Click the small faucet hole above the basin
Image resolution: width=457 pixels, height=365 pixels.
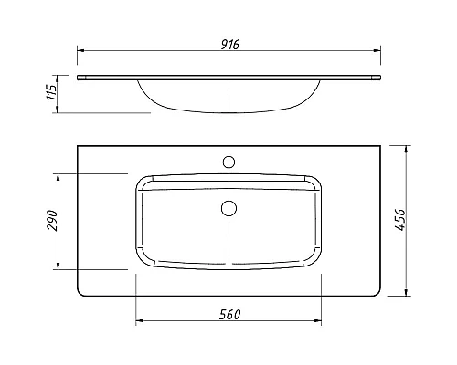(x=228, y=162)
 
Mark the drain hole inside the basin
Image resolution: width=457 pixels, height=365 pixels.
(x=228, y=207)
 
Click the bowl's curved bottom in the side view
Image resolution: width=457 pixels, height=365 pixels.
(x=228, y=113)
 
